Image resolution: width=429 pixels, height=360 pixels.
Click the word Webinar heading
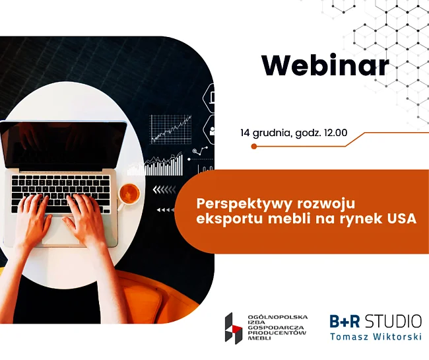click(x=325, y=65)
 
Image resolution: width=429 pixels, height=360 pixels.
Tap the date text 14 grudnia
click(x=264, y=133)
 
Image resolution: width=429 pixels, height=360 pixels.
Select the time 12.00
click(x=335, y=133)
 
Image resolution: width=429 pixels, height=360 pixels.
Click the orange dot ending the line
click(x=254, y=147)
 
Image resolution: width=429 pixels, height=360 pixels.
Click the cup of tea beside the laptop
click(x=129, y=194)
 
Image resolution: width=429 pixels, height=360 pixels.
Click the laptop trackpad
click(x=61, y=231)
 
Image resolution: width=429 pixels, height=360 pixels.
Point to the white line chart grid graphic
click(x=171, y=129)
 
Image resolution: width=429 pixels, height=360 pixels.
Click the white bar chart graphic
click(x=155, y=165)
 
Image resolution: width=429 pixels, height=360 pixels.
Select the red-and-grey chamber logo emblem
click(x=234, y=328)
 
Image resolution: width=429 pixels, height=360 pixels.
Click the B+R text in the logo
click(x=345, y=321)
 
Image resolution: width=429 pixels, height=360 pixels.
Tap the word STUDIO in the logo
click(x=393, y=321)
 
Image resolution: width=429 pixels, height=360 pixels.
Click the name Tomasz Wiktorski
click(x=376, y=336)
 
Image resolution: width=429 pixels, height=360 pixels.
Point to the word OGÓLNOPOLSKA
click(x=277, y=317)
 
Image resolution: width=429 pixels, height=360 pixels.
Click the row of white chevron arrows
click(x=164, y=190)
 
